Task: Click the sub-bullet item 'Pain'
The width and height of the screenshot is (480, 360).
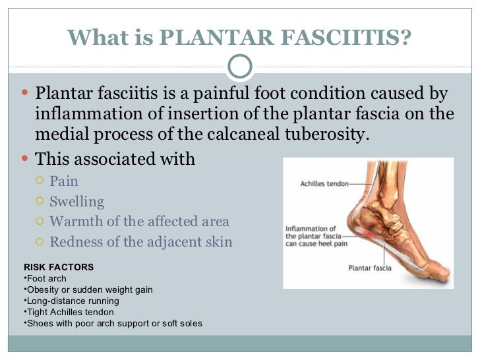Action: (x=64, y=181)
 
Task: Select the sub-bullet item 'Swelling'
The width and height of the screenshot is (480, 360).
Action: (x=76, y=201)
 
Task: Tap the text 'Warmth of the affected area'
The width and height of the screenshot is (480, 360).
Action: (x=139, y=222)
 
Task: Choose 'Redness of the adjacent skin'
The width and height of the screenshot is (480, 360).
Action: (x=141, y=242)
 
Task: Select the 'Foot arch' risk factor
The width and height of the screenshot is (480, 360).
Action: (x=45, y=278)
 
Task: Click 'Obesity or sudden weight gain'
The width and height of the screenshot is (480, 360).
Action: (x=89, y=289)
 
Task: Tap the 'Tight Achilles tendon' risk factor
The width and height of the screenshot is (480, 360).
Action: (x=70, y=312)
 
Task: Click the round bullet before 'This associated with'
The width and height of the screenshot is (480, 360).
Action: (x=25, y=159)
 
